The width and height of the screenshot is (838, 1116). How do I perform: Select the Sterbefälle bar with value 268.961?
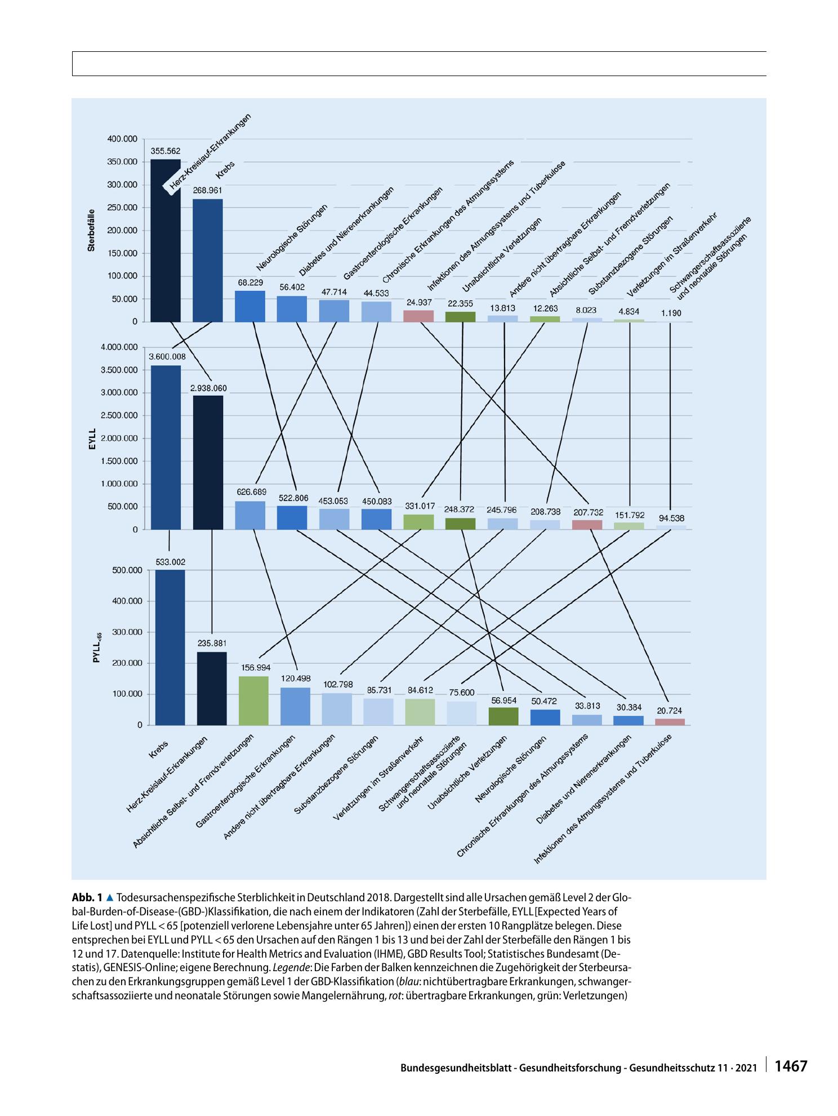[208, 260]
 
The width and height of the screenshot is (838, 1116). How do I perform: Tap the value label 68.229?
[250, 282]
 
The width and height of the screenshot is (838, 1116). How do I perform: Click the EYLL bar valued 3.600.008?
[166, 448]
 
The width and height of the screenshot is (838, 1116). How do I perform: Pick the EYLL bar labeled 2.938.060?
[208, 463]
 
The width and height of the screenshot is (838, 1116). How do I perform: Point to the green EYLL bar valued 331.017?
[418, 522]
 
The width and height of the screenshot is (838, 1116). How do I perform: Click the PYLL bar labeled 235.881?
[212, 688]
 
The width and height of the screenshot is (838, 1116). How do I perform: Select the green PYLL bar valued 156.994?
[254, 701]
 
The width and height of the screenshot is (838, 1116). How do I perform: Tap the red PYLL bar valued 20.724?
[670, 721]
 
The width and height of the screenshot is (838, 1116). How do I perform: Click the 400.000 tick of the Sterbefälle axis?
[122, 139]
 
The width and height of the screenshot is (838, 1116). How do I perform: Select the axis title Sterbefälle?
[91, 231]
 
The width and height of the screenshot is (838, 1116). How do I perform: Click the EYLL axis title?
[92, 438]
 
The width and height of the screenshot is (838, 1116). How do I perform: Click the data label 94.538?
[670, 518]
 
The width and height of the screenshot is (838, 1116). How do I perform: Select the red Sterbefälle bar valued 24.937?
[418, 316]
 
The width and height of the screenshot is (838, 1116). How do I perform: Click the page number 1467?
[791, 1051]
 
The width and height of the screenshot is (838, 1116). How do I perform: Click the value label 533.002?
[170, 562]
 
